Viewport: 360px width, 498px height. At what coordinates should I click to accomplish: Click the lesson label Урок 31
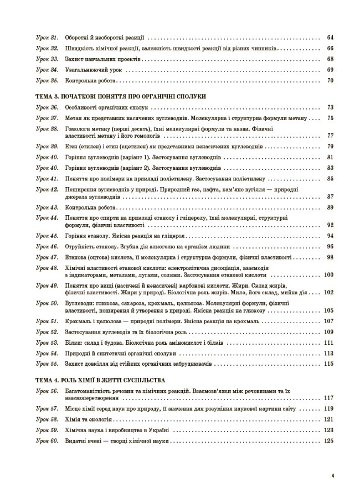47,38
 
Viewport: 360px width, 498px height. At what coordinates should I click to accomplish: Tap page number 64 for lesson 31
330,38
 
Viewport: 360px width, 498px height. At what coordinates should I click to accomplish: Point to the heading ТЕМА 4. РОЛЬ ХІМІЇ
100,381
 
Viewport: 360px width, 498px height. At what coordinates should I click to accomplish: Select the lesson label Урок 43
47,207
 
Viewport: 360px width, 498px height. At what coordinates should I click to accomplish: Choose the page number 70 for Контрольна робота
330,80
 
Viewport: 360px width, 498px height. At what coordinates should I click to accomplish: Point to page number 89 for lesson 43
330,207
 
